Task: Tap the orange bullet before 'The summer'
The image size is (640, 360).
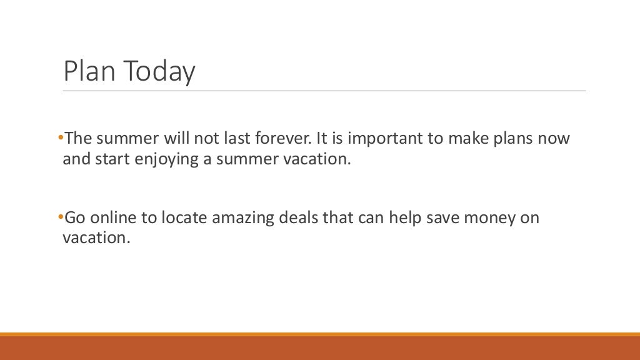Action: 60,137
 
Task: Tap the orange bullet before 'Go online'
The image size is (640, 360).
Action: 60,217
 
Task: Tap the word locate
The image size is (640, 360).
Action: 184,217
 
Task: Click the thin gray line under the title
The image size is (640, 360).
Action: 324,91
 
